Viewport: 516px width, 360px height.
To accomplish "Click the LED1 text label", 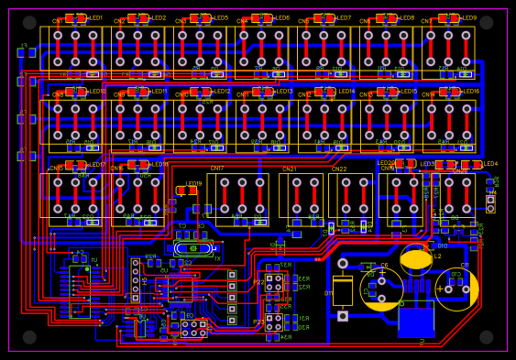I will (x=95, y=18).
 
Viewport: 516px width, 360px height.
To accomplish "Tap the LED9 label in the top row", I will (x=468, y=18).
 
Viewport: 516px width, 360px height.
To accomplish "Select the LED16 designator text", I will (x=470, y=92).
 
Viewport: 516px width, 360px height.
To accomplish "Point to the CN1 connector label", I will (x=58, y=21).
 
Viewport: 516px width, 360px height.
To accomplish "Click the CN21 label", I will (x=290, y=169).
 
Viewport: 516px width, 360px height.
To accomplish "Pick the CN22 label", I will (x=339, y=169).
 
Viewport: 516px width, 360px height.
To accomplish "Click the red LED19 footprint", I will (x=186, y=191).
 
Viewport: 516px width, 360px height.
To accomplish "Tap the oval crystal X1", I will (x=192, y=248).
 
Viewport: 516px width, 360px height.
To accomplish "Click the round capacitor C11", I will (x=456, y=289).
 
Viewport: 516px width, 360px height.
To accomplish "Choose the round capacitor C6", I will (x=382, y=289).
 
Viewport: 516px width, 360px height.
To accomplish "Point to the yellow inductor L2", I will (x=416, y=259).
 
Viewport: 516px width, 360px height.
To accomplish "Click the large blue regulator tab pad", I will (x=416, y=319).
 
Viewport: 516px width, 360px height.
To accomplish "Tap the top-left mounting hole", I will (x=29, y=23).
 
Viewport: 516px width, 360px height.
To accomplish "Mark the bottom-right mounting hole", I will (x=487, y=337).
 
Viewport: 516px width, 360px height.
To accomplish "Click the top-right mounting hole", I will (x=487, y=23).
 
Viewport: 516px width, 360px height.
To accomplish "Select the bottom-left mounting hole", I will (x=29, y=337).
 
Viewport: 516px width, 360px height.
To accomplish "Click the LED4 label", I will (x=490, y=164).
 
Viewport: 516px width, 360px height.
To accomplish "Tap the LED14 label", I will (x=346, y=92).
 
